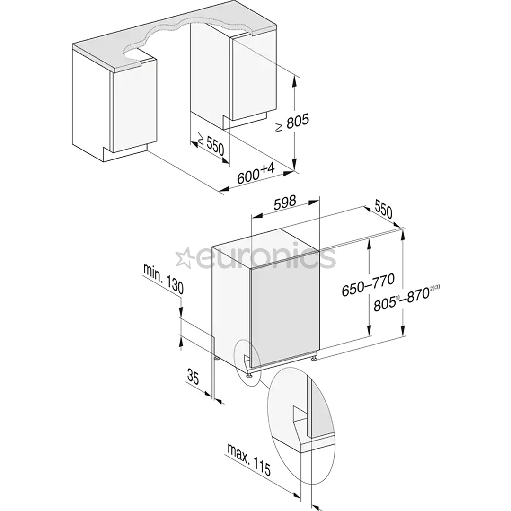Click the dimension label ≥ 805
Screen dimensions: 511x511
(x=292, y=123)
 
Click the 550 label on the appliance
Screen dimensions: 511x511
(x=384, y=210)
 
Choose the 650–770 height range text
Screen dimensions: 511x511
(x=368, y=285)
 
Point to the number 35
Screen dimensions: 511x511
(x=193, y=377)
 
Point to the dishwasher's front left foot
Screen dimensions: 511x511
(x=248, y=376)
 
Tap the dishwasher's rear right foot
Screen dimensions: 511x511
(x=314, y=360)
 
